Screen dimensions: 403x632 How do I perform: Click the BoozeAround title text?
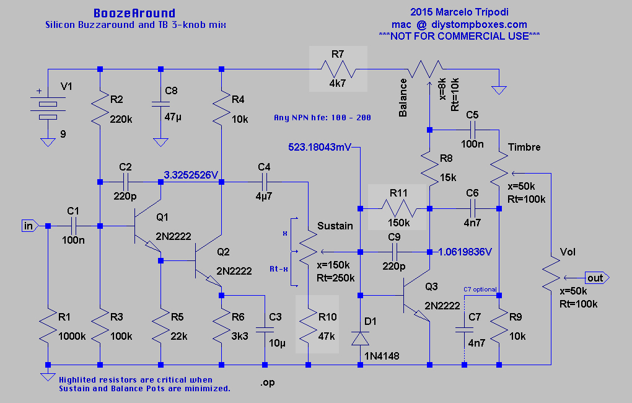click(134, 13)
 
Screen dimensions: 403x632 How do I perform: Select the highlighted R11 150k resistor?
click(398, 208)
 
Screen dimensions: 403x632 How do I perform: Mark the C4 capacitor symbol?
click(265, 182)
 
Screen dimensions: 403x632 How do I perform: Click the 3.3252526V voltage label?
click(191, 174)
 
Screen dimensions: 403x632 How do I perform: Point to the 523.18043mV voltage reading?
click(320, 148)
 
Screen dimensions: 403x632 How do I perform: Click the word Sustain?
click(335, 226)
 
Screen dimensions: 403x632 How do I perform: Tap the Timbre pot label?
click(524, 147)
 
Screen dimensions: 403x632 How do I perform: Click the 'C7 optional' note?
click(481, 289)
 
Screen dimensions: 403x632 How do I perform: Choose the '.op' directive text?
click(267, 383)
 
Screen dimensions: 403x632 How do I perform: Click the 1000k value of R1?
click(72, 336)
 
